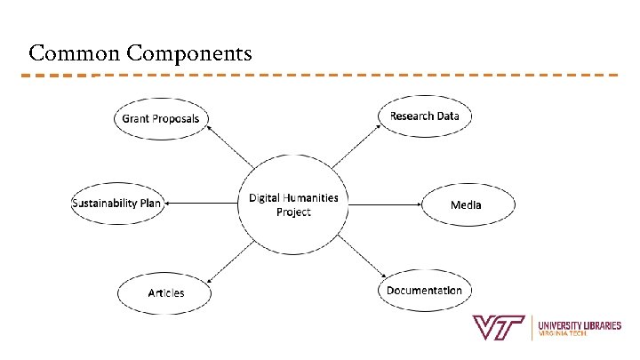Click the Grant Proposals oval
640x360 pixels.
click(161, 118)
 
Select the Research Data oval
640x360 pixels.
click(424, 116)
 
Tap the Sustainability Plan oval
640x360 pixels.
click(116, 204)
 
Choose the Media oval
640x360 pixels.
click(466, 204)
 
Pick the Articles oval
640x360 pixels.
click(165, 292)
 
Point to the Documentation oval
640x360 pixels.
click(424, 291)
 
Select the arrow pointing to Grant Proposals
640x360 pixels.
click(228, 146)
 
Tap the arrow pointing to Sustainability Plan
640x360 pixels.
click(201, 204)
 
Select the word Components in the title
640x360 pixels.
click(189, 54)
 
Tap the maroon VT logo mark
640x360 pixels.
click(500, 327)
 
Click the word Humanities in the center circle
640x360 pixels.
click(308, 197)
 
